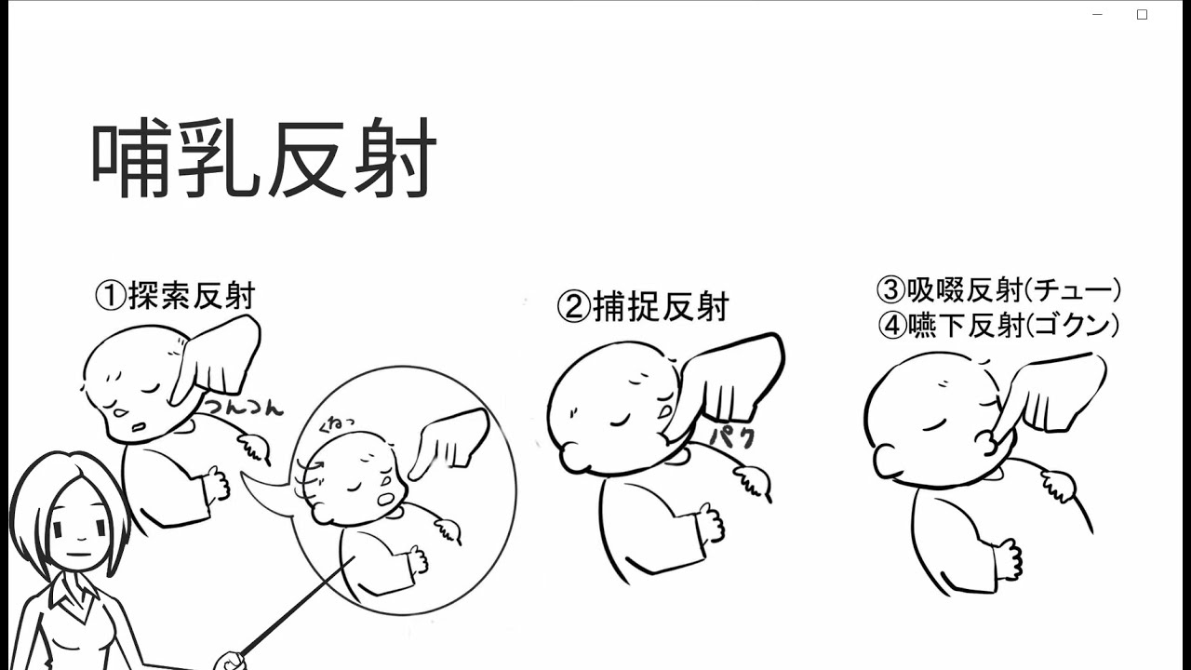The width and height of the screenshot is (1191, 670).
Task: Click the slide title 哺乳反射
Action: [x=264, y=157]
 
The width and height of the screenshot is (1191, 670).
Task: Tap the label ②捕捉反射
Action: [x=643, y=306]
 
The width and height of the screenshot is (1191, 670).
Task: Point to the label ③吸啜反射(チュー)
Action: [x=998, y=289]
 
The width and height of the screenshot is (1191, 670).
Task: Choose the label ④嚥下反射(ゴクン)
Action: [x=998, y=325]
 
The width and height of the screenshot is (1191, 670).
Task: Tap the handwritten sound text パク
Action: [x=732, y=436]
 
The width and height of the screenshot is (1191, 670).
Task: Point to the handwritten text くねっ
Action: [x=336, y=423]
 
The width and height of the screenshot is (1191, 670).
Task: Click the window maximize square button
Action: [x=1142, y=15]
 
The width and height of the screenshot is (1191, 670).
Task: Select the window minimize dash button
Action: [x=1097, y=15]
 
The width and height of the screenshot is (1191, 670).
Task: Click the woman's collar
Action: [x=74, y=598]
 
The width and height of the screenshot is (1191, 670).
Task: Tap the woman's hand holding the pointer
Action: [x=230, y=661]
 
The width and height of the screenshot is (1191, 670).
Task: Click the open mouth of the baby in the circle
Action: [x=385, y=500]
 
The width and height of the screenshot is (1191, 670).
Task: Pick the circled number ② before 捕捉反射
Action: [x=574, y=307]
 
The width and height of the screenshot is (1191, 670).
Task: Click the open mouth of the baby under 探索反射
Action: [x=140, y=426]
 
